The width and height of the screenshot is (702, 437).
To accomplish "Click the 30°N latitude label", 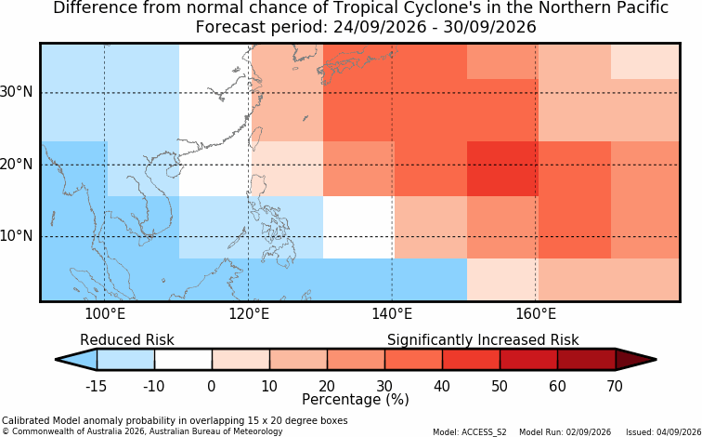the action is tap(17, 92).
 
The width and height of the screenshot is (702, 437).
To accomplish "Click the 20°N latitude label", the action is tap(17, 164).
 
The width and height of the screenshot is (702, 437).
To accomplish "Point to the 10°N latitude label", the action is tap(17, 236).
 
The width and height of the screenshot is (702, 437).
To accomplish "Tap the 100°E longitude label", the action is tap(105, 314).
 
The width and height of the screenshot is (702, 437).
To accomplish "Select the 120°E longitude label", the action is tap(249, 314).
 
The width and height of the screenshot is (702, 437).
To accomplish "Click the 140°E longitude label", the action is tap(392, 314).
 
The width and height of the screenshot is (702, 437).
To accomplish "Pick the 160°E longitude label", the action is tap(536, 314).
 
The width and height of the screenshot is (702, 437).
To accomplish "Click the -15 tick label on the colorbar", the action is tap(96, 386).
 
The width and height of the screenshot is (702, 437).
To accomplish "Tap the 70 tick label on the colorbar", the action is tap(615, 386).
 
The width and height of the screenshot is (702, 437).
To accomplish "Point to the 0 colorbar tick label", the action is tap(212, 386).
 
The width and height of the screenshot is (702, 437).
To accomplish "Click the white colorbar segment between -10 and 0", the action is tap(183, 360).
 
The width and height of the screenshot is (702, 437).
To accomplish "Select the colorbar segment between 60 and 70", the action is tap(587, 360).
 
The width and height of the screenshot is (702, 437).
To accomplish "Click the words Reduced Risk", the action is tap(127, 340).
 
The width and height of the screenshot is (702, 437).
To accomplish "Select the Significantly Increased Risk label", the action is tap(483, 340).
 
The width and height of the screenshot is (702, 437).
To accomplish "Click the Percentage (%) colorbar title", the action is tap(356, 400).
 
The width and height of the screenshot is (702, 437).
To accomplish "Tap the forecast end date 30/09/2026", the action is tap(489, 27).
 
